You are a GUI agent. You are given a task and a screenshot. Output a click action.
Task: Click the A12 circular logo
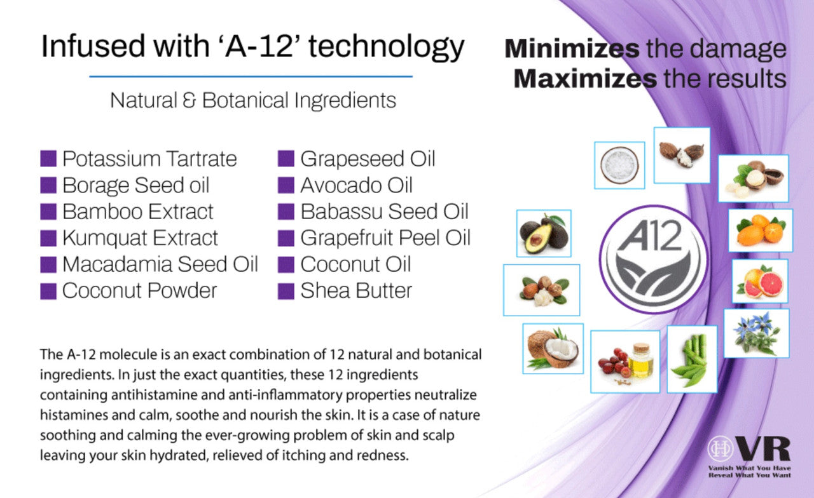tap(653, 259)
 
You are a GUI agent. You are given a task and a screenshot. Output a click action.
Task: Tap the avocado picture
tap(544, 233)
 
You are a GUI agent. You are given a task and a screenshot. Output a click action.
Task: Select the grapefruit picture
tap(760, 281)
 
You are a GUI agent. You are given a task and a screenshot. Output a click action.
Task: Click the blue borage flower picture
tap(757, 333)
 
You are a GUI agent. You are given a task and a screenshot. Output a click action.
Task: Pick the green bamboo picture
tap(692, 359)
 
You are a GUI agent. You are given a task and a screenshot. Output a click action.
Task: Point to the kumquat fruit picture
tap(761, 230)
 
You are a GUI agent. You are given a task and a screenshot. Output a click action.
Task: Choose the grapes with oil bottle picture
tap(625, 361)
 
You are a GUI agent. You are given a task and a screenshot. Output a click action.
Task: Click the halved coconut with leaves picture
tap(553, 349)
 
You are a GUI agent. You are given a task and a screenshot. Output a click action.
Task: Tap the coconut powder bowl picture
tap(619, 165)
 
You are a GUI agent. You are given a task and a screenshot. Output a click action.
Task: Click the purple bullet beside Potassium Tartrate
tap(48, 159)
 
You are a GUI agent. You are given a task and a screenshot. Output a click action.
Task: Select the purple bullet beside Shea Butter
tap(286, 291)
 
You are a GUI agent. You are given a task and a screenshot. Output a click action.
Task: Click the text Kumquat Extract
tap(140, 238)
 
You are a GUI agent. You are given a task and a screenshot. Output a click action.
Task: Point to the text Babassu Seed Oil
tap(385, 212)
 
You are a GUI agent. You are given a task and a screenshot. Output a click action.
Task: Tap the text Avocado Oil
tap(357, 185)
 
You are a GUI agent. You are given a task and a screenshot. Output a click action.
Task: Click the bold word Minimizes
tap(572, 49)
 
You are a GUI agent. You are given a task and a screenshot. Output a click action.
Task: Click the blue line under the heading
tap(251, 77)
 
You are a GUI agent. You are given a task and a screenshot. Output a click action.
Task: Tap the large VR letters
tap(764, 448)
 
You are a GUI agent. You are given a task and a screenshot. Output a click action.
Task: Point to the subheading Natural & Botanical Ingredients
tap(253, 100)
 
